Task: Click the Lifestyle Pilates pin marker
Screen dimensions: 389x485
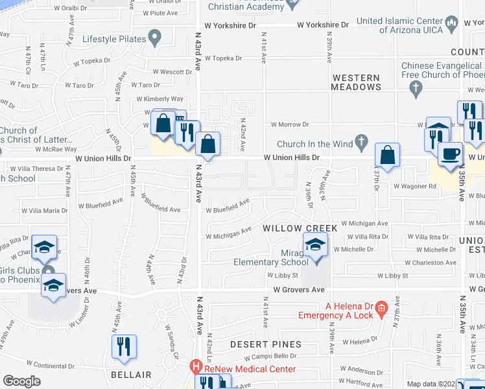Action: click(x=154, y=39)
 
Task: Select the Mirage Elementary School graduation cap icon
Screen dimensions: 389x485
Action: click(x=316, y=246)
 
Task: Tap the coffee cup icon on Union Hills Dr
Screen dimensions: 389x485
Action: click(x=449, y=154)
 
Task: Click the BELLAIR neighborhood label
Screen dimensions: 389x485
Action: click(x=131, y=375)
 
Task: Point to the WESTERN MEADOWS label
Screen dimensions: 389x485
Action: click(x=356, y=82)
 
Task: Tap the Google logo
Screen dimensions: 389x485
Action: click(x=22, y=381)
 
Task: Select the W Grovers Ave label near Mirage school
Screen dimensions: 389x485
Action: click(x=298, y=290)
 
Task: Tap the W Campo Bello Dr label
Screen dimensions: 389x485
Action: click(x=270, y=357)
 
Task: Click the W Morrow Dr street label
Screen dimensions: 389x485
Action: click(x=290, y=124)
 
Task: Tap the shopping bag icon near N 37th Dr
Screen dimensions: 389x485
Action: click(x=388, y=156)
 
